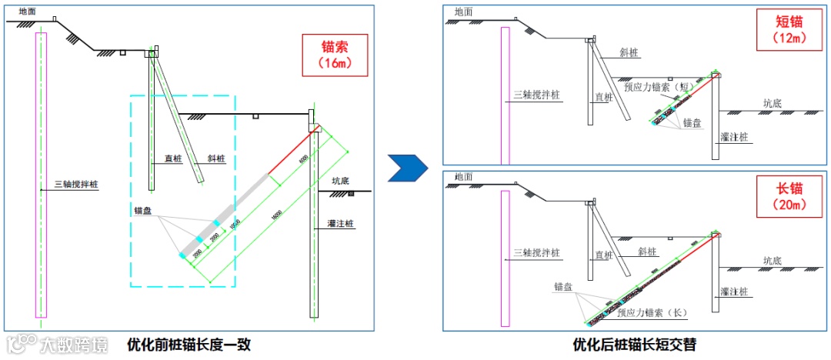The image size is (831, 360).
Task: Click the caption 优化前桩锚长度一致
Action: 189,345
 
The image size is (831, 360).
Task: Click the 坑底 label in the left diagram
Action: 341,182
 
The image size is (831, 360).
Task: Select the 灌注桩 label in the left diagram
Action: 339,225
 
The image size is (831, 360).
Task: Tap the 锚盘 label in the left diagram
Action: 143,209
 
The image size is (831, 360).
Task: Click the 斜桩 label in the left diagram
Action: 216,159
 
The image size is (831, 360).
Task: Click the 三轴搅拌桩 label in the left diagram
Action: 76,185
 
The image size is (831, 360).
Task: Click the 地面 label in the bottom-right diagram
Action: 464,177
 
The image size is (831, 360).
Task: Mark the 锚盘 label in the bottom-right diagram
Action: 563,286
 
